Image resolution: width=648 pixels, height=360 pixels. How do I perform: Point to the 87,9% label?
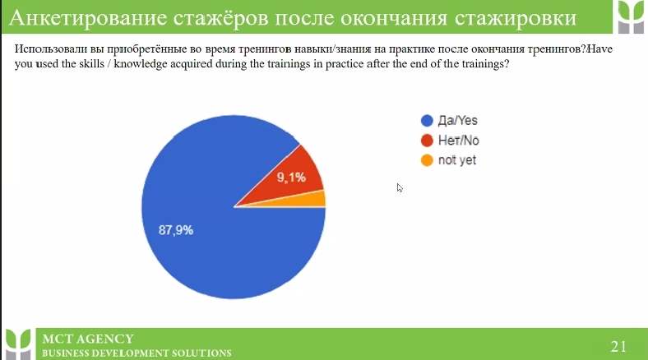pyautogui.click(x=176, y=230)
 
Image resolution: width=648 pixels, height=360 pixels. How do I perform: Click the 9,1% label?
pyautogui.click(x=291, y=178)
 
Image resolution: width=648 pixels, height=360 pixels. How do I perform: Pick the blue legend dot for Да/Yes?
pyautogui.click(x=427, y=121)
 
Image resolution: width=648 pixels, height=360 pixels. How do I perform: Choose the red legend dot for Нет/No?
pyautogui.click(x=427, y=141)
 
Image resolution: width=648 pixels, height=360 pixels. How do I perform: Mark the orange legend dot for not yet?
pyautogui.click(x=427, y=160)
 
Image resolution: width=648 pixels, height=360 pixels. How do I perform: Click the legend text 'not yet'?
pyautogui.click(x=457, y=160)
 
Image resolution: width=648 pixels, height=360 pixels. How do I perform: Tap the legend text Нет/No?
pyautogui.click(x=458, y=141)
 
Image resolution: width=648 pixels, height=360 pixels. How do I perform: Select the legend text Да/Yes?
pyautogui.click(x=457, y=121)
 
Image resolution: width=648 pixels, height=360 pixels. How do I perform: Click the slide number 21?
pyautogui.click(x=618, y=346)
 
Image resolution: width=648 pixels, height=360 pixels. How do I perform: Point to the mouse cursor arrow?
pyautogui.click(x=399, y=188)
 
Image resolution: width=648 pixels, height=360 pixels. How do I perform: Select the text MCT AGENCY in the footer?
pyautogui.click(x=88, y=339)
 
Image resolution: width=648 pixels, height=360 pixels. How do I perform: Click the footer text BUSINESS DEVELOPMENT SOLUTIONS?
pyautogui.click(x=137, y=353)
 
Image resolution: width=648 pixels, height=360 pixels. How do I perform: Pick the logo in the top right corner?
pyautogui.click(x=631, y=16)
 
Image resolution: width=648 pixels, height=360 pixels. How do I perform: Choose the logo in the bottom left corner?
pyautogui.click(x=18, y=344)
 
